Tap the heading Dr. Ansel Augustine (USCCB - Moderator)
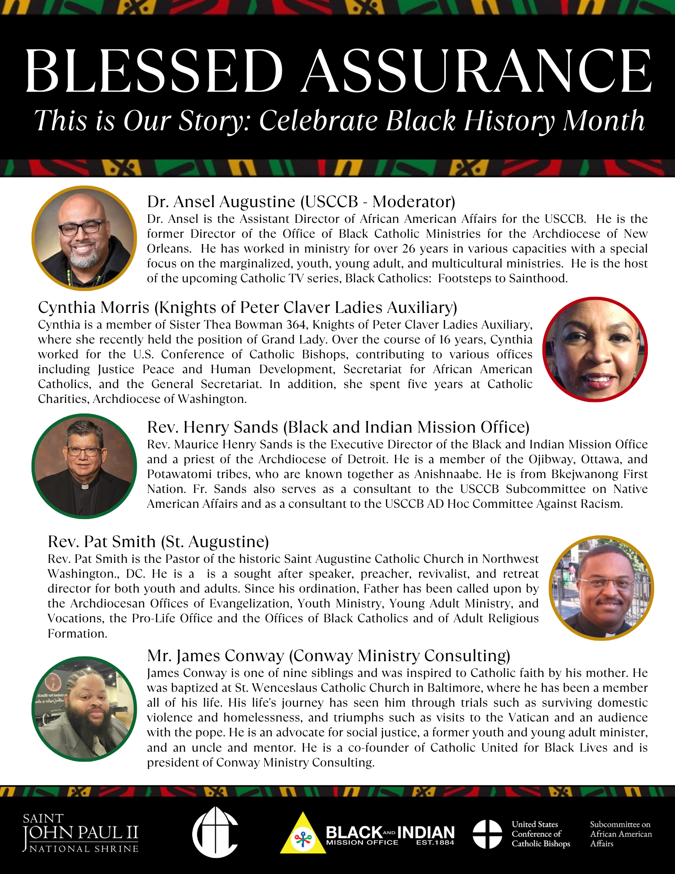click(301, 201)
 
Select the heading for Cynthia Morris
click(247, 308)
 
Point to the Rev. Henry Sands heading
click(338, 427)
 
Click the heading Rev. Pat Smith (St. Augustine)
click(158, 541)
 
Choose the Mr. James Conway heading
click(329, 655)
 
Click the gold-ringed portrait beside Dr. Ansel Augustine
click(84, 238)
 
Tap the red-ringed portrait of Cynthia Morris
click(595, 349)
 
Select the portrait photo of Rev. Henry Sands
click(84, 466)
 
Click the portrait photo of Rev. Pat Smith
click(601, 588)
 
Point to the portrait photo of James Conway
click(84, 709)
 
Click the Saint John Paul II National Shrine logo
click(81, 833)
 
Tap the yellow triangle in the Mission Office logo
click(303, 835)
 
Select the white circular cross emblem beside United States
click(487, 834)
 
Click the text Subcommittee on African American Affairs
click(620, 834)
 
